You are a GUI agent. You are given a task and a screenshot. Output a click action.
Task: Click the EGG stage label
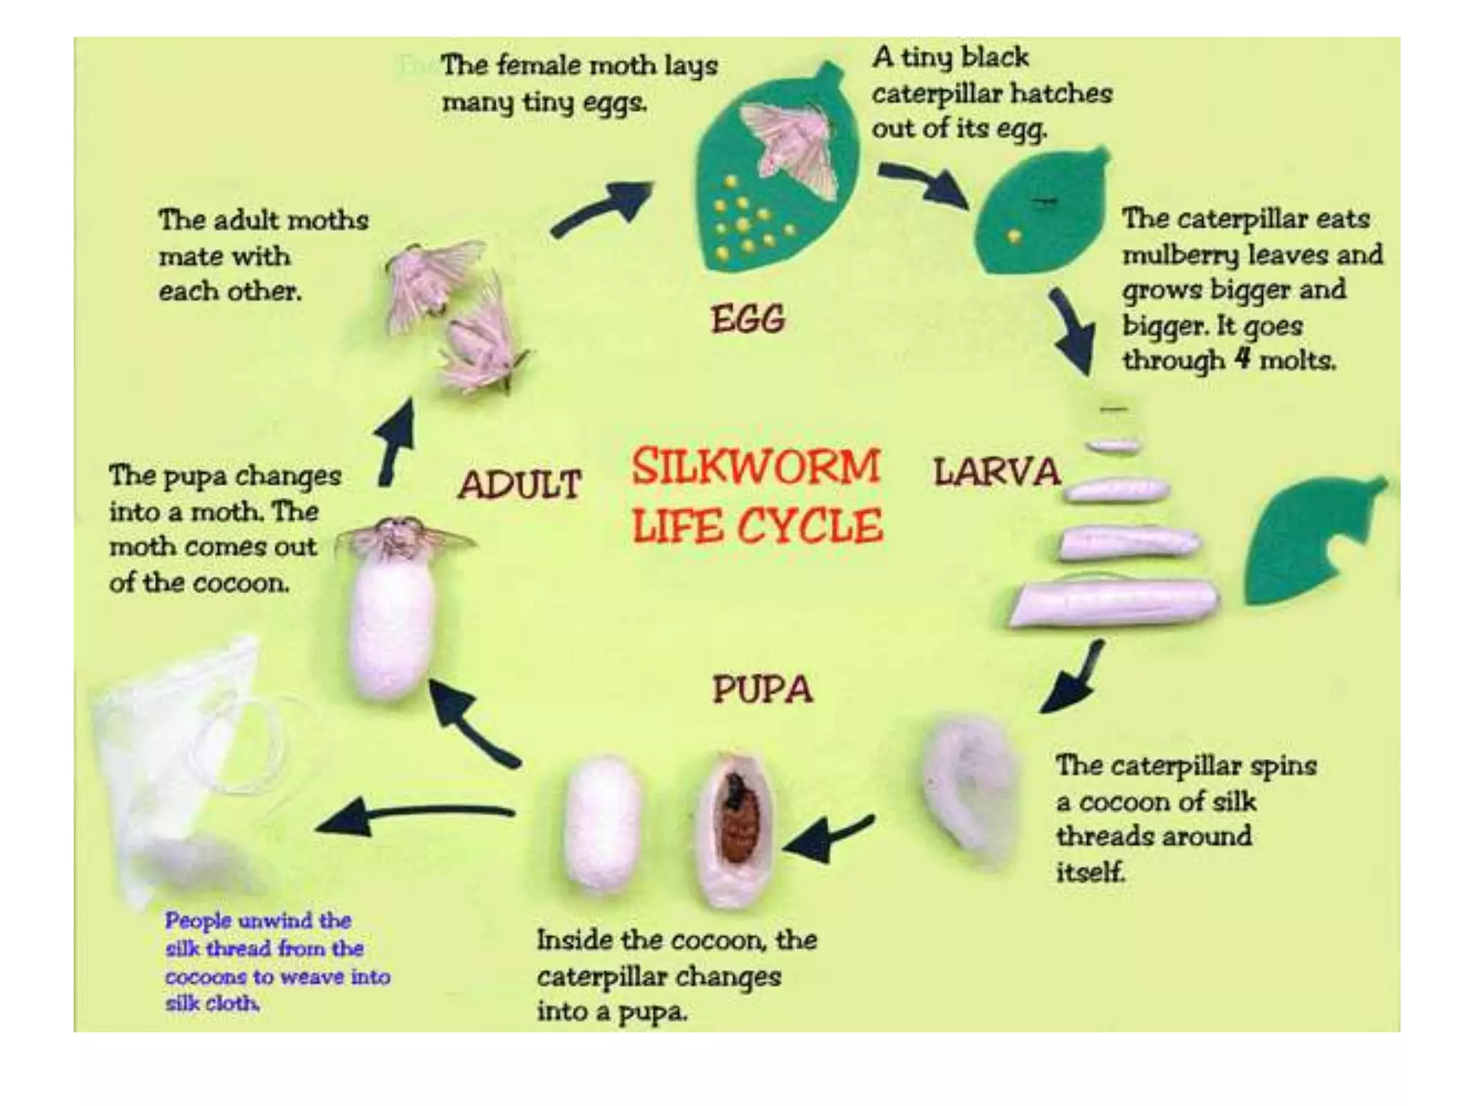(748, 318)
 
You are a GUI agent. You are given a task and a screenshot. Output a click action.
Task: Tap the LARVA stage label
(997, 472)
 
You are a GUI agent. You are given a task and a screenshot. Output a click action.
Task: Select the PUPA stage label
(762, 688)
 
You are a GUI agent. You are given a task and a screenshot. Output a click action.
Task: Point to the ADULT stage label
(520, 484)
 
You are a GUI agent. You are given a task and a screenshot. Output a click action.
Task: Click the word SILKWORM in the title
(756, 467)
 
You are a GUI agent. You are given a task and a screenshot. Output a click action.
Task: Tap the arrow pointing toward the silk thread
(417, 817)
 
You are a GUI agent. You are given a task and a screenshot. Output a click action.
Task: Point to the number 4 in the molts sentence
(1242, 358)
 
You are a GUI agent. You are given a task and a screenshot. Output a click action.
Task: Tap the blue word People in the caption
(197, 921)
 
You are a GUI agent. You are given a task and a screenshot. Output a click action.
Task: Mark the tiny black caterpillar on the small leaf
(1041, 200)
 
